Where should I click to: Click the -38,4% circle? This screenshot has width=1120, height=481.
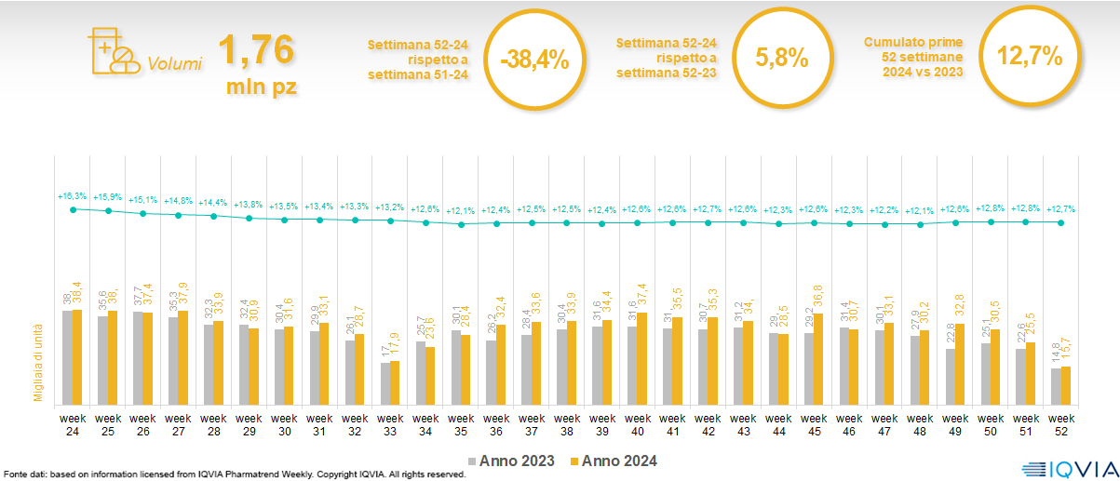(533, 59)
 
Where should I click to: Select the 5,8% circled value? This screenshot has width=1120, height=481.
(781, 57)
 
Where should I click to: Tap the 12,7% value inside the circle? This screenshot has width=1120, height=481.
(1030, 56)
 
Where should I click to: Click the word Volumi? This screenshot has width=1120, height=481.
(174, 64)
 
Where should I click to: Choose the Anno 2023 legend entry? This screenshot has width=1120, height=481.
(513, 461)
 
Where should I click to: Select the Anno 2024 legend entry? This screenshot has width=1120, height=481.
(615, 461)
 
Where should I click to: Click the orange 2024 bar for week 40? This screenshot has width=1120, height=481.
(641, 358)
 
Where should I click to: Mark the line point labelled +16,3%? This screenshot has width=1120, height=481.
(73, 209)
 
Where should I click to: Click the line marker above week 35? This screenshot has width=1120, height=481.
(462, 224)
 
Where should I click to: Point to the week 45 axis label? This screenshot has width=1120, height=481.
(815, 425)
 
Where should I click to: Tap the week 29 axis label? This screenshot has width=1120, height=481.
(249, 425)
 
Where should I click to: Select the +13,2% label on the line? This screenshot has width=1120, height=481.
(391, 207)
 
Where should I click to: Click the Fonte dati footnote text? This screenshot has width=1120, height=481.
(233, 474)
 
